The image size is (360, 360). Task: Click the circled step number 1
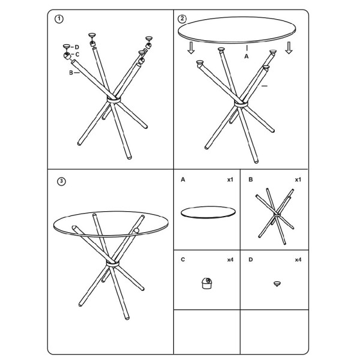[x=59, y=19]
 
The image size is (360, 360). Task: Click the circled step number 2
[x=182, y=19]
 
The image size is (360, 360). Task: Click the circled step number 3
[x=61, y=181]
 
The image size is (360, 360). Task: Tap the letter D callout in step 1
[x=77, y=47]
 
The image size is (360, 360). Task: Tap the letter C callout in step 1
[x=77, y=55]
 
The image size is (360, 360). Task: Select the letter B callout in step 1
[x=71, y=73]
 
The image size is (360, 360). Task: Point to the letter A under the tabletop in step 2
[x=247, y=56]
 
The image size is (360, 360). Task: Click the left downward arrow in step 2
[x=191, y=47]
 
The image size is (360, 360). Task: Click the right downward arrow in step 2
[x=289, y=47]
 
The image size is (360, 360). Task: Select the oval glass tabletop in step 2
[x=237, y=30]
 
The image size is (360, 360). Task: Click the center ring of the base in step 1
[x=113, y=100]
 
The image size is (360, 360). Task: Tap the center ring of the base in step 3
[x=113, y=263]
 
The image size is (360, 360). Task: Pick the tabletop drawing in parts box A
[x=208, y=212]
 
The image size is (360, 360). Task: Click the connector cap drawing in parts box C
[x=206, y=283]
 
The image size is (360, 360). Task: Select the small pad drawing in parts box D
[x=277, y=284]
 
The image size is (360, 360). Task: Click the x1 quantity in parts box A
[x=230, y=179]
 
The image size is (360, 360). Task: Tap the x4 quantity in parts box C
[x=230, y=260]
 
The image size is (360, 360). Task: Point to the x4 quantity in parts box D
[x=298, y=260]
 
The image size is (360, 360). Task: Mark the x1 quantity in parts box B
[x=298, y=179]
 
